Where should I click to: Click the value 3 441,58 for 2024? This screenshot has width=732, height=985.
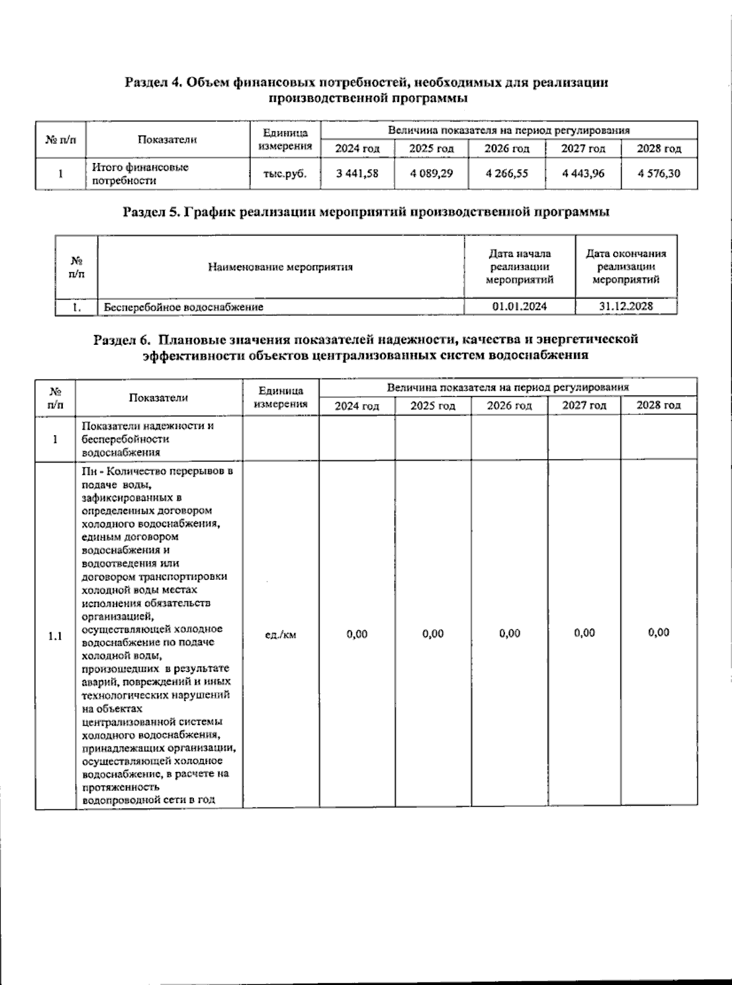tap(357, 173)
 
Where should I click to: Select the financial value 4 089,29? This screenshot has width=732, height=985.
tap(431, 173)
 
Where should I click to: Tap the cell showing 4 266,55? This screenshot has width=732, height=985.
tap(507, 173)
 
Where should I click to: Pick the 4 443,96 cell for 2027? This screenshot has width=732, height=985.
tap(583, 173)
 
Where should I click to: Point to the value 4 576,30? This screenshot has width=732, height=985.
tap(659, 173)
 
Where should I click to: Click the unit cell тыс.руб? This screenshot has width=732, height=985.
tap(284, 173)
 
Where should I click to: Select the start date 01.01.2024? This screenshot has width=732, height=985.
tap(520, 306)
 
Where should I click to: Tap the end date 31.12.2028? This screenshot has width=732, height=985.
tap(626, 306)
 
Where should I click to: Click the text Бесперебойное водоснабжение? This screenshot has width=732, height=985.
tap(184, 307)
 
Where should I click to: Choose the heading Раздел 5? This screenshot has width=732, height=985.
tap(366, 212)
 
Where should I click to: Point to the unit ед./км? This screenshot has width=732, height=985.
tap(281, 635)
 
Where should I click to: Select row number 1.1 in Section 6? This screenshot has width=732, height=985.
tap(55, 637)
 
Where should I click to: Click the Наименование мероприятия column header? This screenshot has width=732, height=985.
tap(281, 267)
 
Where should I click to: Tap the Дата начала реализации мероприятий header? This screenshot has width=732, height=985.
tap(520, 267)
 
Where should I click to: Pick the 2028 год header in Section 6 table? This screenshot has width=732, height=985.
tap(658, 406)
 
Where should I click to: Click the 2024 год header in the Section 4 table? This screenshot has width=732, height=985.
tap(357, 148)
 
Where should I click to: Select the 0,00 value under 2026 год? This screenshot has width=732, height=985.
tap(509, 633)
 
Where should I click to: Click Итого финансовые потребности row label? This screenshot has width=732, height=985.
tap(140, 173)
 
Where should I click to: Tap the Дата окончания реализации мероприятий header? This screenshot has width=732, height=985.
tap(626, 267)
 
